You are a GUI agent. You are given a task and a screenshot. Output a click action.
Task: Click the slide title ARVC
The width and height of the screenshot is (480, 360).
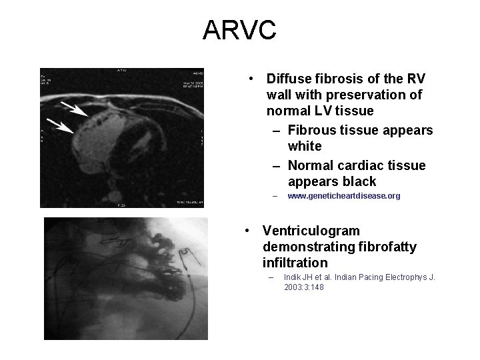(239, 30)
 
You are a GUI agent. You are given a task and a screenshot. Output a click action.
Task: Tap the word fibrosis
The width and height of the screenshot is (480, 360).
(340, 79)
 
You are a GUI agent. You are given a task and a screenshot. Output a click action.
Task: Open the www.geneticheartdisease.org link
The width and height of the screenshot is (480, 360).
(343, 197)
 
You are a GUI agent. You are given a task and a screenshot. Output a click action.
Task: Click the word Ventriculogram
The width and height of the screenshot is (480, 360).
(311, 231)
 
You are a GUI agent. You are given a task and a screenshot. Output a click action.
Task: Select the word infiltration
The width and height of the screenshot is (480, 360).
(295, 263)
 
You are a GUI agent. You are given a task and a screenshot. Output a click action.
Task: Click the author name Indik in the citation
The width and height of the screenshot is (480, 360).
(293, 277)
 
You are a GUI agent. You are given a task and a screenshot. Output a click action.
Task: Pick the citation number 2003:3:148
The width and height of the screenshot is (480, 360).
(304, 287)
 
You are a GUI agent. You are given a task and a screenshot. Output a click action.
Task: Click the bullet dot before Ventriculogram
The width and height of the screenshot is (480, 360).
(247, 231)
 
